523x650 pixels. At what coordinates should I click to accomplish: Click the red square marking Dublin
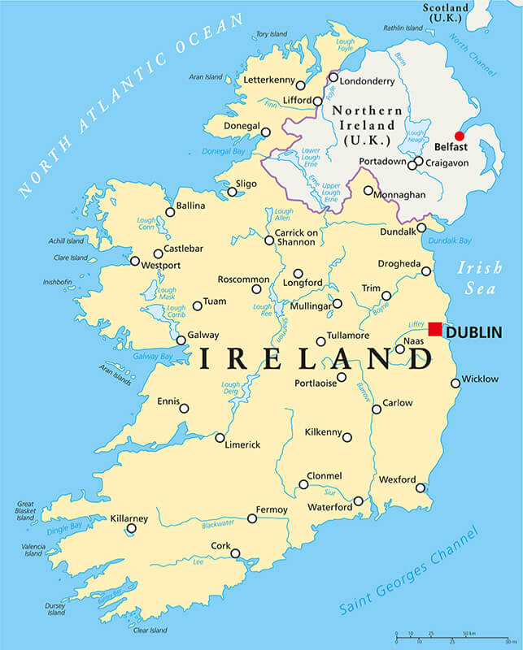[435, 329]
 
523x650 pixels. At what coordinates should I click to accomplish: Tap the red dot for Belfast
[459, 136]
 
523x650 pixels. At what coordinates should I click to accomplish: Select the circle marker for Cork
[235, 553]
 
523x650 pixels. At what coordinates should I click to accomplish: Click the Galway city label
[203, 335]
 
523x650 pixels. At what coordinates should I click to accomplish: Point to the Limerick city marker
[220, 437]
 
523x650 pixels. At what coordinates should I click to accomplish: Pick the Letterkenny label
[268, 80]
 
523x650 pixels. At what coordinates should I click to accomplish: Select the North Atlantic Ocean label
[130, 106]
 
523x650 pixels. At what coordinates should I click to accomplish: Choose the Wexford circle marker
[421, 487]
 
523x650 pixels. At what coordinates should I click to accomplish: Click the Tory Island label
[272, 34]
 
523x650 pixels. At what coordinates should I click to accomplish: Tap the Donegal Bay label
[224, 152]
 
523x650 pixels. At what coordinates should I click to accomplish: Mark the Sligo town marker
[232, 192]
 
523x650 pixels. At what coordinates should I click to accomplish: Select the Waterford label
[329, 508]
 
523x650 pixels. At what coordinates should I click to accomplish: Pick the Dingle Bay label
[65, 529]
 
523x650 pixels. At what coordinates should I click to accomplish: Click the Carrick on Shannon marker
[269, 240]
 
